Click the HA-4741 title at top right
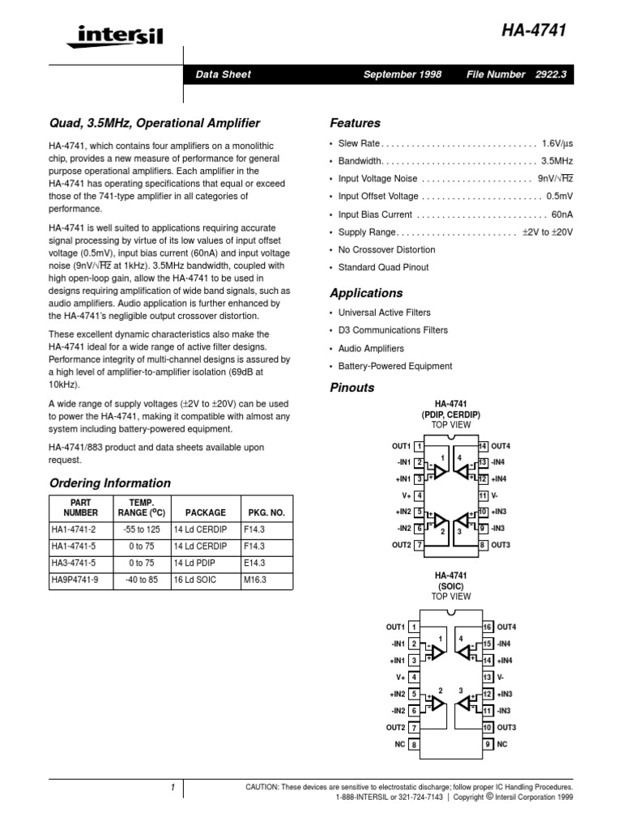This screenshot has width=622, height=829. coord(534,30)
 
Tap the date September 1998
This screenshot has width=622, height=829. coord(403,74)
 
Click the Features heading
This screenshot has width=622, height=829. coord(355,123)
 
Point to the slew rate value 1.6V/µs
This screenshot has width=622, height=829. coord(556,142)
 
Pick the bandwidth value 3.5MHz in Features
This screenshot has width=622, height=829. coord(557,160)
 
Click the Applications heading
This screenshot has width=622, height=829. coord(366,293)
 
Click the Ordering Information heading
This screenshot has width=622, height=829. coord(110,483)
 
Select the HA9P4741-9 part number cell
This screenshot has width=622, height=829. coord(75,580)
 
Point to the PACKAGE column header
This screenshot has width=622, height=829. coord(205,512)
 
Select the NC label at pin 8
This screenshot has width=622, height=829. coord(398,744)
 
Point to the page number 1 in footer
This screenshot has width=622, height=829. coord(172,787)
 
